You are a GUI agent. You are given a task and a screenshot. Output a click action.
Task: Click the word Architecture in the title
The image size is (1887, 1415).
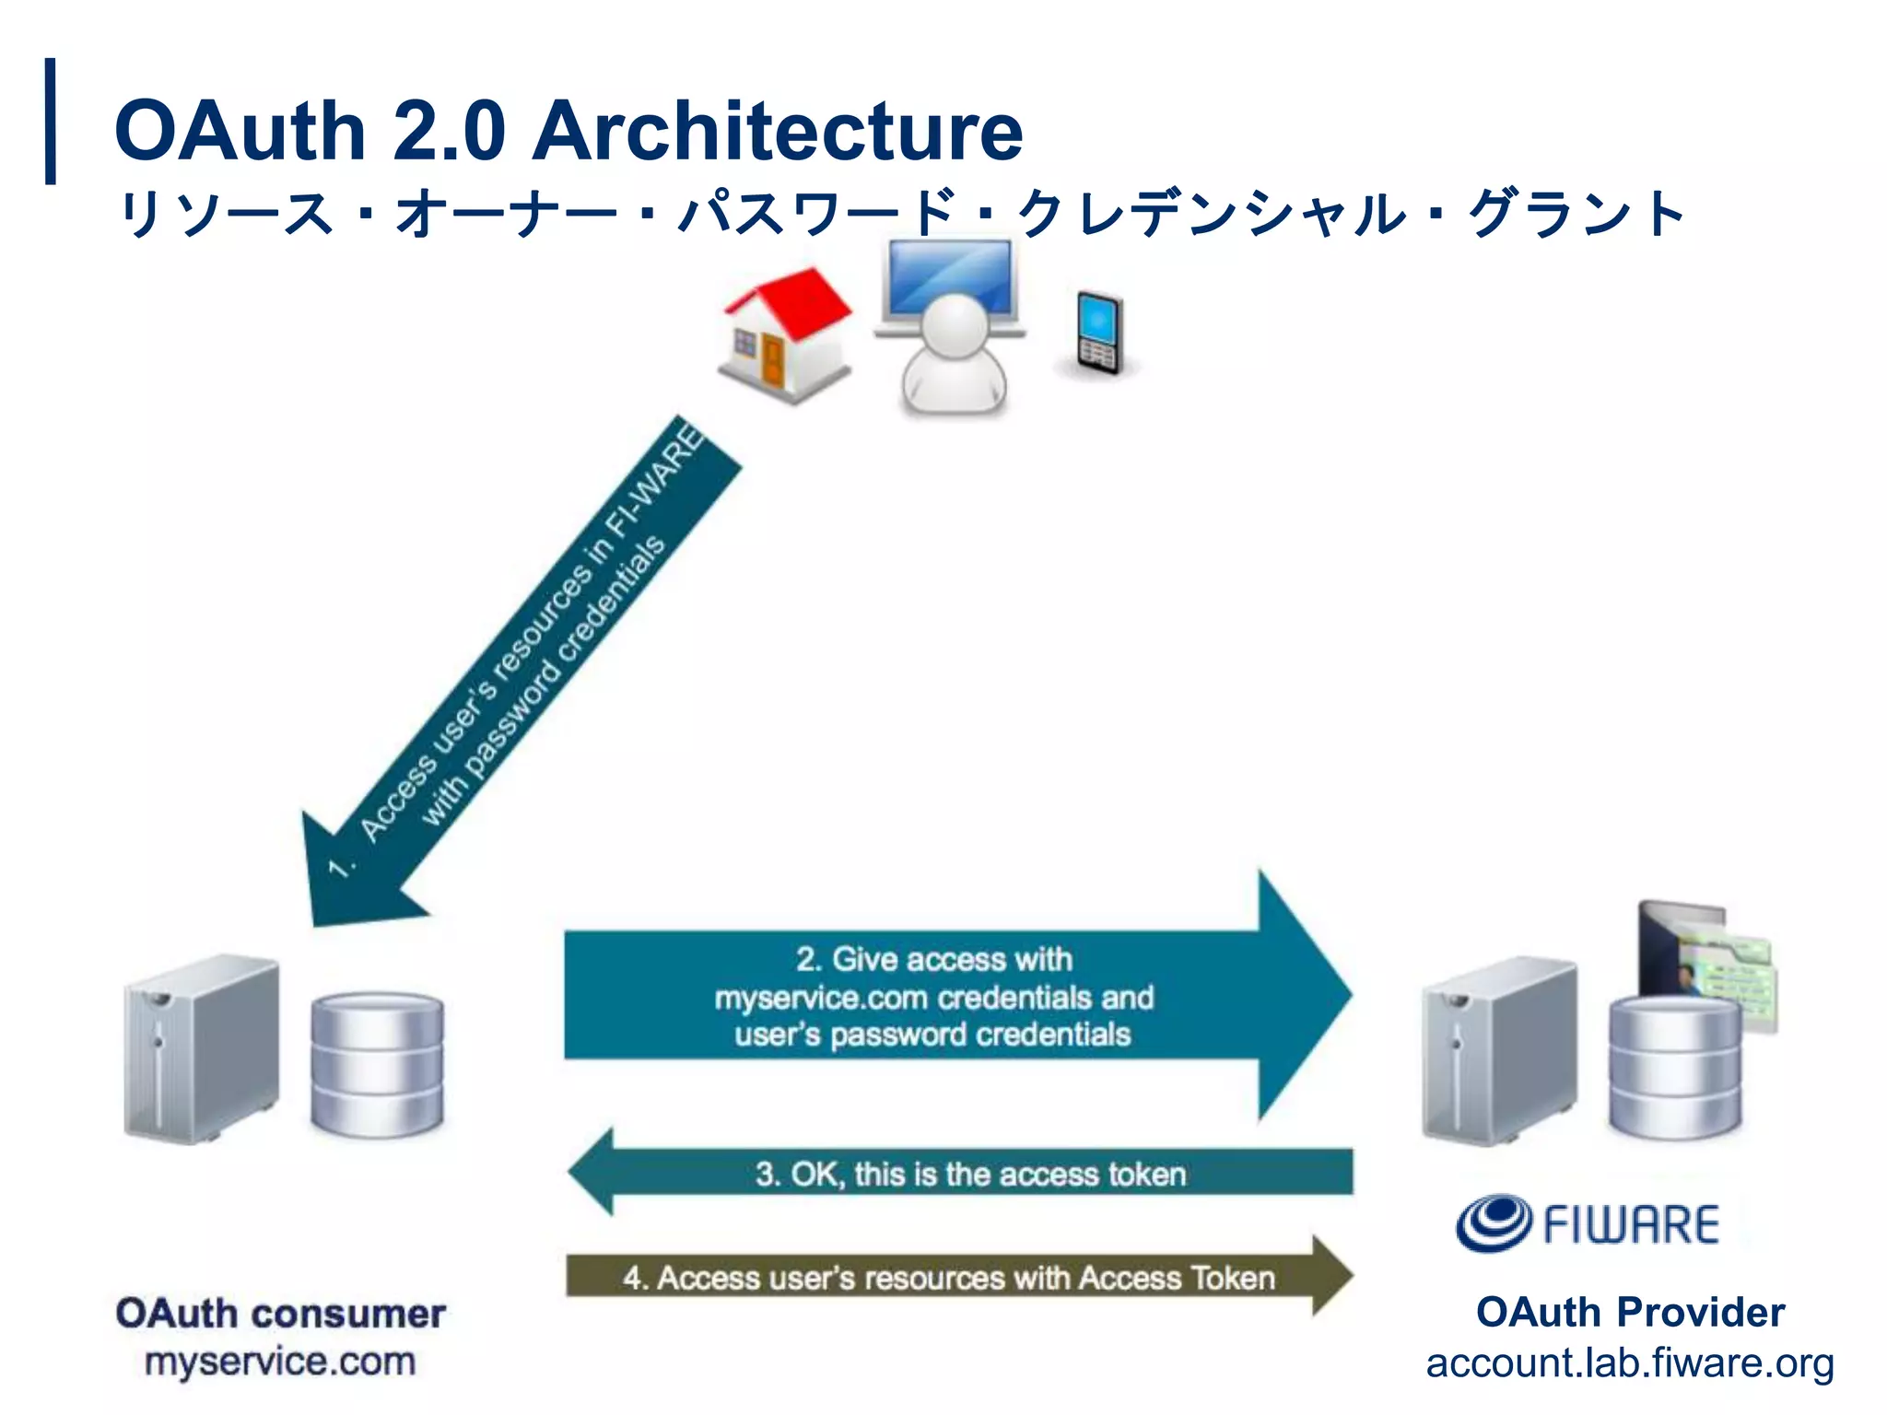[779, 130]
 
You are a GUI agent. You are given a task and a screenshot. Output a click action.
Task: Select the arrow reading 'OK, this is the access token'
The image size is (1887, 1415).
[967, 1174]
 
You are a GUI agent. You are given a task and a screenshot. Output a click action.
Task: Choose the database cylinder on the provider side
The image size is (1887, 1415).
[1675, 1069]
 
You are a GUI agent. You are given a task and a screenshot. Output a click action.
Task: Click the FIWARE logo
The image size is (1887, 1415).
[1587, 1224]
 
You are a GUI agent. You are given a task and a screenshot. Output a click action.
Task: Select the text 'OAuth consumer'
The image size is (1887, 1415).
[281, 1313]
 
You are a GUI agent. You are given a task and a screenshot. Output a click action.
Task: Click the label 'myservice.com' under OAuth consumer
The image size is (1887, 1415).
[280, 1362]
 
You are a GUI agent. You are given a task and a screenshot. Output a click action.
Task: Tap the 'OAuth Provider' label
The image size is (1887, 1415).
[1630, 1312]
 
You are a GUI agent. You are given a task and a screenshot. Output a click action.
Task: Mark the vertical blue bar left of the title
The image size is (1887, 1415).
[51, 121]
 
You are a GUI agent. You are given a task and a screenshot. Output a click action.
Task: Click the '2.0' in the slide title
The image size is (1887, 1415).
[450, 130]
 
